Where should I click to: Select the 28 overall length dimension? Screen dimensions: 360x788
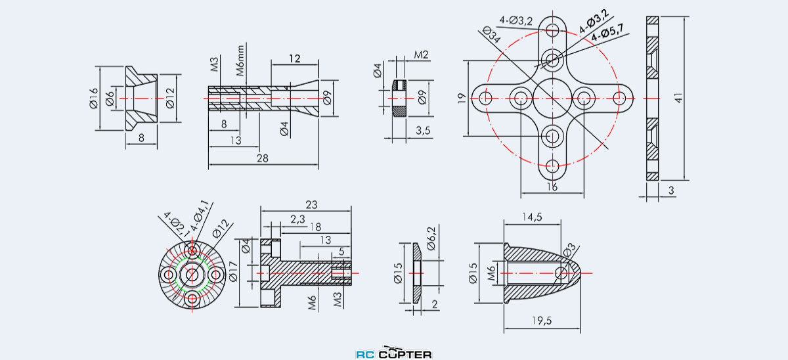point(263,159)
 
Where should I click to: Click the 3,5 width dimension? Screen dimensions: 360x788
point(423,131)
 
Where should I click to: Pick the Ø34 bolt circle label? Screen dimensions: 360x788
point(491,35)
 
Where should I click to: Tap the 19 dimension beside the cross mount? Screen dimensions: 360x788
point(461,99)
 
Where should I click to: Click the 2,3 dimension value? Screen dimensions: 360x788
point(297,220)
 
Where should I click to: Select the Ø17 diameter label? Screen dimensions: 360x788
point(230,273)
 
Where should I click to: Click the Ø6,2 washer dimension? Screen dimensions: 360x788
point(431,238)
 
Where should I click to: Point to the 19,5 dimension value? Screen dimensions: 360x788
point(542,320)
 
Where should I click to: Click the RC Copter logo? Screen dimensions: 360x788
point(394,353)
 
